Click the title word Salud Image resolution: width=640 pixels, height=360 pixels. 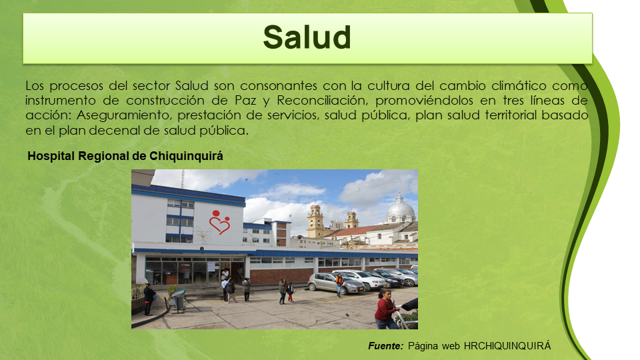[x=307, y=37]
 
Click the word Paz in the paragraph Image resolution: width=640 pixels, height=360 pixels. [x=245, y=101]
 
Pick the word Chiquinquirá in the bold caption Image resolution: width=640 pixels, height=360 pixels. [x=186, y=156]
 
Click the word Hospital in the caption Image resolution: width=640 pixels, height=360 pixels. [x=51, y=156]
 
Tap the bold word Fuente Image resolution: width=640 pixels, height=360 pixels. [x=386, y=346]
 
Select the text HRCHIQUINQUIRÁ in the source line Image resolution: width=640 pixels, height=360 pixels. [x=507, y=346]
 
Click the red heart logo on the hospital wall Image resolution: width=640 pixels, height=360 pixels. [x=219, y=222]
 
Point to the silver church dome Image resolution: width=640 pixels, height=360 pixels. [x=400, y=210]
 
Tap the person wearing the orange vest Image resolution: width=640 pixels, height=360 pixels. [x=339, y=285]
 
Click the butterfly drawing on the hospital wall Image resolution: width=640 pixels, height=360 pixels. [x=203, y=235]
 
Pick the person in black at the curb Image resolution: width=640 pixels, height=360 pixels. [x=149, y=299]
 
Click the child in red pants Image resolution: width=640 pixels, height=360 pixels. [x=291, y=292]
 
